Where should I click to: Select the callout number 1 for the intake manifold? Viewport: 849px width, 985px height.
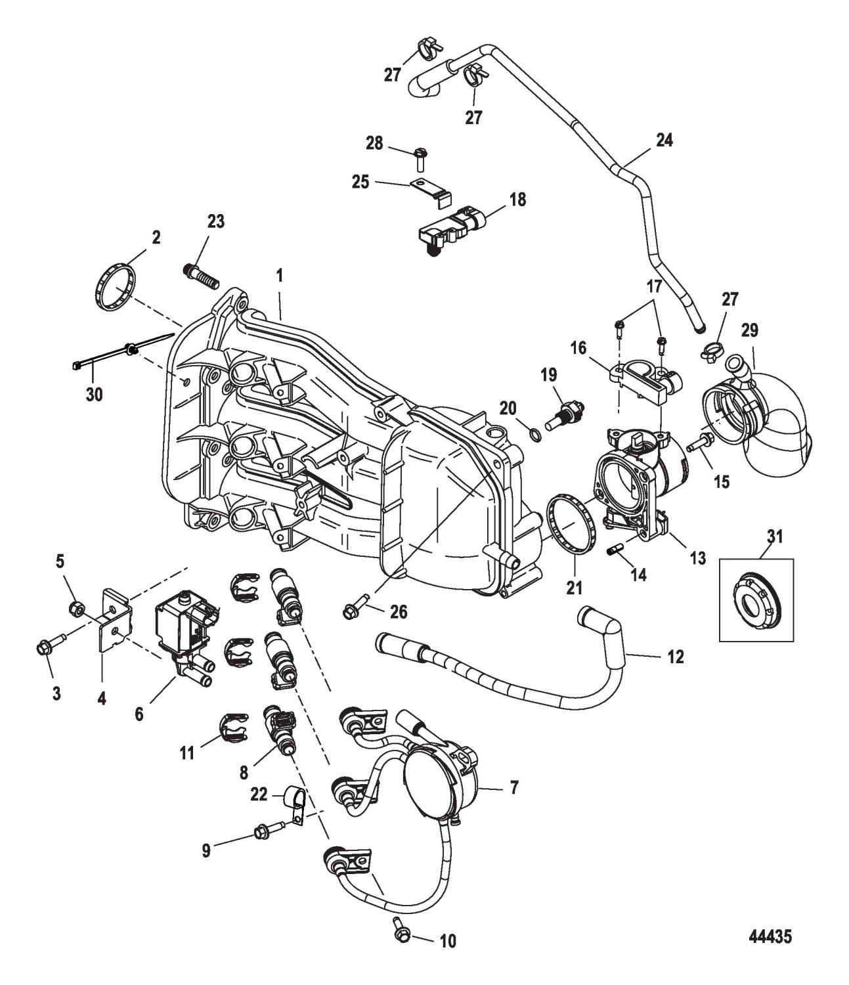point(280,275)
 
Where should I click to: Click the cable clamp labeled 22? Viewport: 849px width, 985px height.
point(294,805)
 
